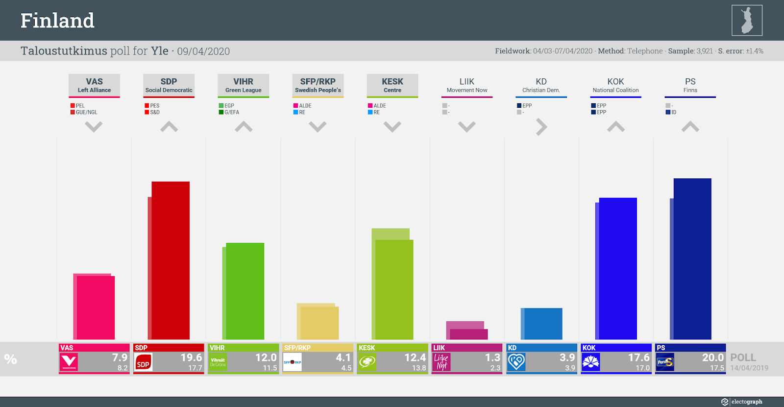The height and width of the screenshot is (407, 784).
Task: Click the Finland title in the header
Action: (x=57, y=21)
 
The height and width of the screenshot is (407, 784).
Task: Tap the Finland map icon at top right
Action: (x=747, y=21)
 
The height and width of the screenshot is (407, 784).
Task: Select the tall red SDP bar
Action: (x=170, y=260)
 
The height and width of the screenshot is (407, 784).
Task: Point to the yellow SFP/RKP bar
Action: (x=318, y=322)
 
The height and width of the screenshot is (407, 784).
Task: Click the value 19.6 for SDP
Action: (x=191, y=358)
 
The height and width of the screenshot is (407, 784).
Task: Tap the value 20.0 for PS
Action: (x=712, y=358)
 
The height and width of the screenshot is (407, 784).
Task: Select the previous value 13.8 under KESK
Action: (x=418, y=368)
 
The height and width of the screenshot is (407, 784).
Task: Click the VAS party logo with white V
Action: (x=69, y=362)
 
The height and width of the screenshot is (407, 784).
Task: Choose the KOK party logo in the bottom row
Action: (x=591, y=362)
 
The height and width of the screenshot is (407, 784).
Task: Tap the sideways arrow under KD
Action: (x=541, y=127)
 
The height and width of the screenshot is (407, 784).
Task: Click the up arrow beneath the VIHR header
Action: (x=244, y=127)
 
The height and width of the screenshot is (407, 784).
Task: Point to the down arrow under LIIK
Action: (x=467, y=127)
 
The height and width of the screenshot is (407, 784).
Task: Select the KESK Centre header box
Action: (x=392, y=85)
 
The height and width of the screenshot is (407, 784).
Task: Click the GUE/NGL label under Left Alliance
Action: (x=86, y=112)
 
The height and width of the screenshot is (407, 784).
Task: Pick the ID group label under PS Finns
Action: (x=674, y=112)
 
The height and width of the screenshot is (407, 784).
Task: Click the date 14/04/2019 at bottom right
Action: (x=749, y=368)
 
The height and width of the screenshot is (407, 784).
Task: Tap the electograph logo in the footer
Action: (x=742, y=402)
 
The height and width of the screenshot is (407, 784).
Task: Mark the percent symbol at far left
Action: (x=11, y=359)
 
